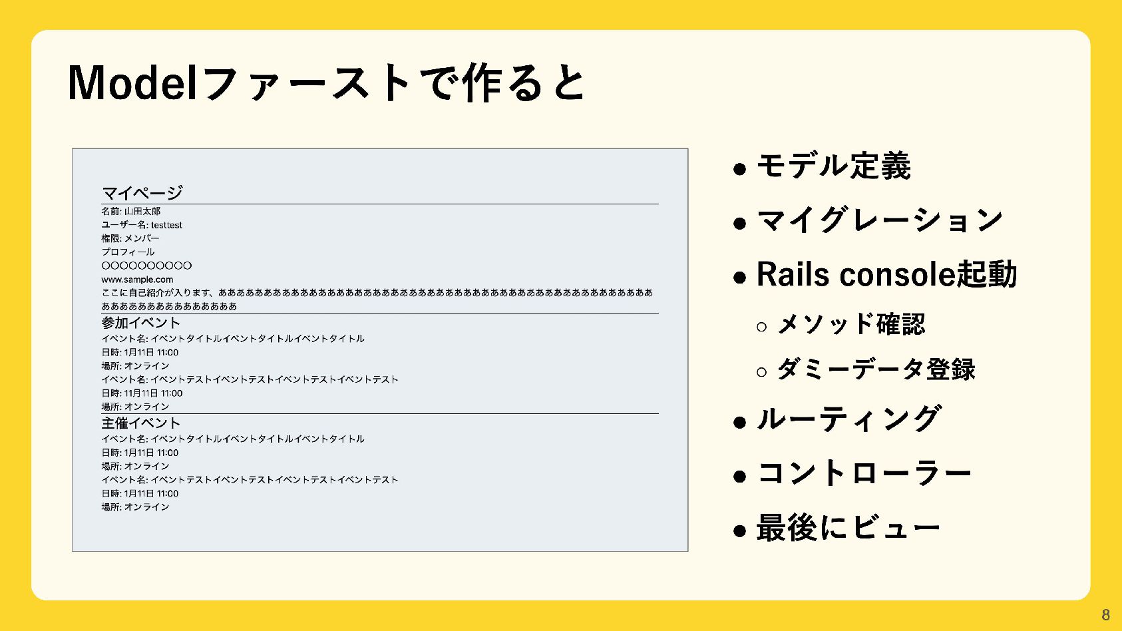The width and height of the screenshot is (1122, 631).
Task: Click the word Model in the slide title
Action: (x=132, y=83)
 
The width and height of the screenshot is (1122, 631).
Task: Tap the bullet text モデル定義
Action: (x=833, y=166)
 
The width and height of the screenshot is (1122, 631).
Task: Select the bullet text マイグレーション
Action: (x=879, y=220)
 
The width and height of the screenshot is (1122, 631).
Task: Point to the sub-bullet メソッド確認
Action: (x=851, y=325)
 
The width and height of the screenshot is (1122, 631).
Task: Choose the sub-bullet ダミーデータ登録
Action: (x=876, y=369)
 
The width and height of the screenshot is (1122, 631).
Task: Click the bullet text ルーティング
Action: (x=848, y=419)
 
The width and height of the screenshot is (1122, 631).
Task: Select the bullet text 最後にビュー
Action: (x=848, y=528)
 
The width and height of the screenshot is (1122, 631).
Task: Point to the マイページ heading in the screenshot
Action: (x=142, y=193)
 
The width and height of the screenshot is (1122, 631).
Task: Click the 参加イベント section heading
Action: (x=141, y=323)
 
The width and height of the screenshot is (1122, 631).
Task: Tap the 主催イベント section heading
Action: (x=141, y=423)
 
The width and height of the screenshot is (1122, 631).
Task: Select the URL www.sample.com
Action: (x=137, y=280)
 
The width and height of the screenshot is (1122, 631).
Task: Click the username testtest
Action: (x=166, y=225)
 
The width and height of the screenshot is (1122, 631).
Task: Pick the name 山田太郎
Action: (x=142, y=211)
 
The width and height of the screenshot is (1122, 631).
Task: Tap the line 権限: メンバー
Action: (x=130, y=238)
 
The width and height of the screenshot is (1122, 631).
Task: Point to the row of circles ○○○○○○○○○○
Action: (x=146, y=266)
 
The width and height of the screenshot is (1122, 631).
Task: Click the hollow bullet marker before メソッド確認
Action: (x=762, y=326)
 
